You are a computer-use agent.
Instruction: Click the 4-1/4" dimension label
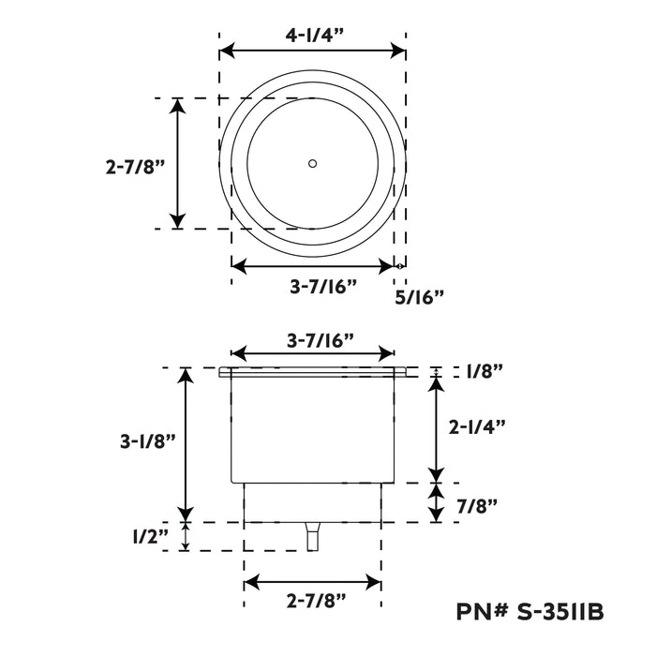tap(315, 36)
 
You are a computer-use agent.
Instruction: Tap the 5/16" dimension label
tap(419, 297)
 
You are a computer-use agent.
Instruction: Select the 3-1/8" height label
tap(148, 441)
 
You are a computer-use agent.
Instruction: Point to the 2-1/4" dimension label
tap(477, 427)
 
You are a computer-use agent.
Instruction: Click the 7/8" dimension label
tap(476, 506)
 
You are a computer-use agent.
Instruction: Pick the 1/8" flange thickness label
tap(485, 371)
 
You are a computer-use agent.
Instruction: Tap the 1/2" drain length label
tap(151, 536)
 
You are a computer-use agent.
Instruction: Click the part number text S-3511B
tap(560, 612)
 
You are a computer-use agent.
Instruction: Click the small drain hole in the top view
tap(312, 163)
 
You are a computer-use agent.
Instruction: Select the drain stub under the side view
tap(312, 536)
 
